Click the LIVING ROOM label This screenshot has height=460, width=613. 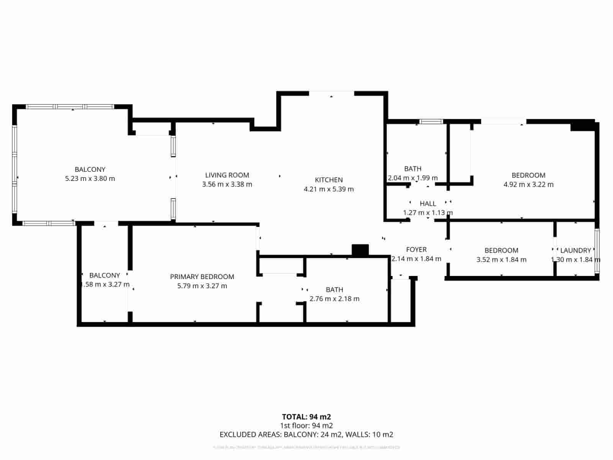coord(227,175)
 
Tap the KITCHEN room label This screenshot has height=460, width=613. coord(329,180)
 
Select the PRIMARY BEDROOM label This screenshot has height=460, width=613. coord(202,277)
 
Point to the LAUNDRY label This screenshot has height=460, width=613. coord(575,250)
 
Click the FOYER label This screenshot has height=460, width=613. coord(416,250)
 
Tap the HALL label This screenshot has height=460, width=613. coord(428,204)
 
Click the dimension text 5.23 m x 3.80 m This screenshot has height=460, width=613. coord(90,179)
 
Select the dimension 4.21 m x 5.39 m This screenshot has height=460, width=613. coord(329,189)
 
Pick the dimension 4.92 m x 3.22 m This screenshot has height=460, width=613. coord(528,184)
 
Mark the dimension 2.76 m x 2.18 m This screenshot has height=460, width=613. coord(334,299)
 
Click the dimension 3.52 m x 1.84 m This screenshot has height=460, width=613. coord(501,260)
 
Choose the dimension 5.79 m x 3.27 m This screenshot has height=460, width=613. coord(202,286)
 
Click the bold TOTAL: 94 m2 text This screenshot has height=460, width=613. coord(306,417)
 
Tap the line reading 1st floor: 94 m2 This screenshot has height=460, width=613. coord(306,426)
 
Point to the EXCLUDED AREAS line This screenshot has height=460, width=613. coord(306,435)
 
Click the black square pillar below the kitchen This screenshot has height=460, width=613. coord(360,250)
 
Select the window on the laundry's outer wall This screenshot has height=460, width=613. coord(597,251)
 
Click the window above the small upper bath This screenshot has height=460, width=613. coord(431,122)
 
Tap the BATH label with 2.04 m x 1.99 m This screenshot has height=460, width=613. coord(413,169)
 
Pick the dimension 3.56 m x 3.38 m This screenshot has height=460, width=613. coord(227,184)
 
